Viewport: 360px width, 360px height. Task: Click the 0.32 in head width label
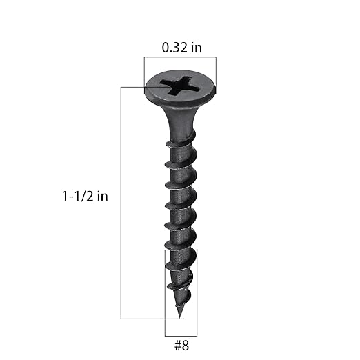[x=180, y=48]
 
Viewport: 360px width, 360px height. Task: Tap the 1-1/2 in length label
[x=84, y=196]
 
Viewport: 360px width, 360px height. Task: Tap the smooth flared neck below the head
[x=180, y=121]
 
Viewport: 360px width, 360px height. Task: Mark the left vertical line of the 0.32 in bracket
[x=145, y=72]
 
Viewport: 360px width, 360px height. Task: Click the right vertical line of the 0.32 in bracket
[x=216, y=72]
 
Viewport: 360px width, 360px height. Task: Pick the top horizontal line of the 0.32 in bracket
[x=180, y=58]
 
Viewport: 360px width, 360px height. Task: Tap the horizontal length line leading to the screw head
[x=134, y=87]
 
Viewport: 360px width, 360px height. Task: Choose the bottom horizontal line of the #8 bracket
[x=180, y=336]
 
